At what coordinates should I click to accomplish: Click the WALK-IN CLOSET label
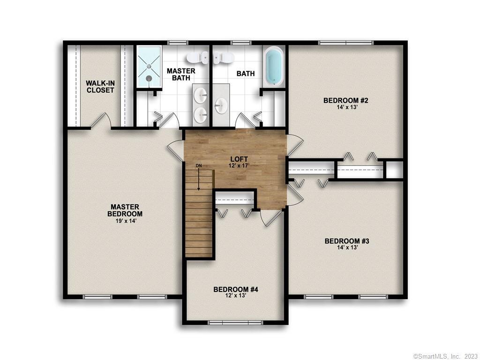pyautogui.click(x=100, y=87)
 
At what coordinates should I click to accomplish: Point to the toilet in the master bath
pyautogui.click(x=197, y=58)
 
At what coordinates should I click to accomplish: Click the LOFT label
pyautogui.click(x=235, y=159)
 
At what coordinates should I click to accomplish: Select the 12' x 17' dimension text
pyautogui.click(x=235, y=166)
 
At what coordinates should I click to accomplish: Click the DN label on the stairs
pyautogui.click(x=199, y=165)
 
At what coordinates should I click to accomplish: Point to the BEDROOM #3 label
pyautogui.click(x=347, y=241)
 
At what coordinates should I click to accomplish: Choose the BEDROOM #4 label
pyautogui.click(x=235, y=289)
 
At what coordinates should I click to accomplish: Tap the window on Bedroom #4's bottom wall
pyautogui.click(x=235, y=322)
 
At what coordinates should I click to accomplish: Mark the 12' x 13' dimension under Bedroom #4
pyautogui.click(x=235, y=296)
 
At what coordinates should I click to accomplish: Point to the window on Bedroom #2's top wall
pyautogui.click(x=346, y=43)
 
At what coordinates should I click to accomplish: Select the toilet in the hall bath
pyautogui.click(x=224, y=58)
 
